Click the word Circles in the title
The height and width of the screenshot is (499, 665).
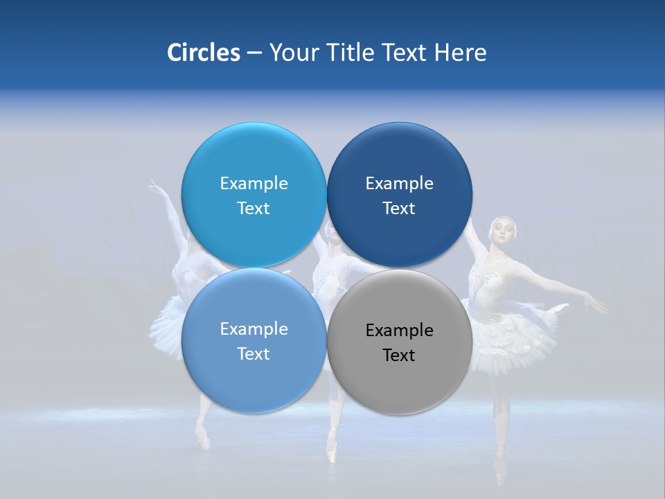pyautogui.click(x=203, y=53)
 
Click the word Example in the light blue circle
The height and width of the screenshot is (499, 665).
pyautogui.click(x=254, y=183)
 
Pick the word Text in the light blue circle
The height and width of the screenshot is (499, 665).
pyautogui.click(x=254, y=208)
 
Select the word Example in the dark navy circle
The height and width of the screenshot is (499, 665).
pyautogui.click(x=399, y=183)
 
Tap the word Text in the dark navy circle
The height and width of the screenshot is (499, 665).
pyautogui.click(x=399, y=208)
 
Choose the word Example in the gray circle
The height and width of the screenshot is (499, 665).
pyautogui.click(x=399, y=330)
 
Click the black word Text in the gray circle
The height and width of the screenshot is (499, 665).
pyautogui.click(x=399, y=355)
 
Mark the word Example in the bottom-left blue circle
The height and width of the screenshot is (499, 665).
pyautogui.click(x=254, y=329)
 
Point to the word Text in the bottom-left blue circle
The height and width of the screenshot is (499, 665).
pyautogui.click(x=254, y=353)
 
